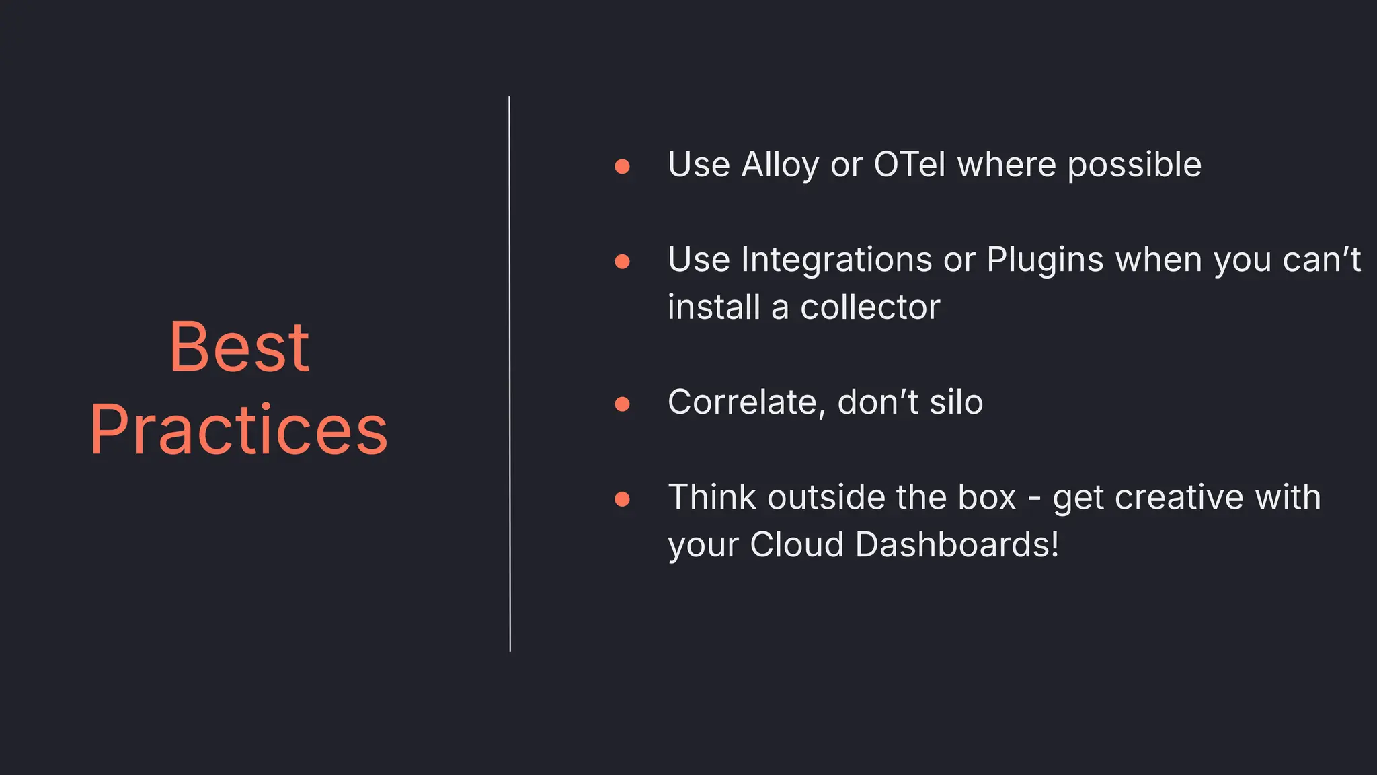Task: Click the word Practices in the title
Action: (x=239, y=431)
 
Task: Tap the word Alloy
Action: (x=780, y=165)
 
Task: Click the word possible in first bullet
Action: (x=1134, y=165)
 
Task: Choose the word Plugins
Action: (x=1045, y=260)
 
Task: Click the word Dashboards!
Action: (x=957, y=545)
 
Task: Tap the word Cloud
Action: (x=797, y=545)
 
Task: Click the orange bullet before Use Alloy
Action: (x=622, y=166)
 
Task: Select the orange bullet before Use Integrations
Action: (x=622, y=261)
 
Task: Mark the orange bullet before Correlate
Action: (x=622, y=404)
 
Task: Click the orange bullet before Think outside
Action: (x=622, y=499)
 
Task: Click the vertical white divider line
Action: (x=510, y=374)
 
